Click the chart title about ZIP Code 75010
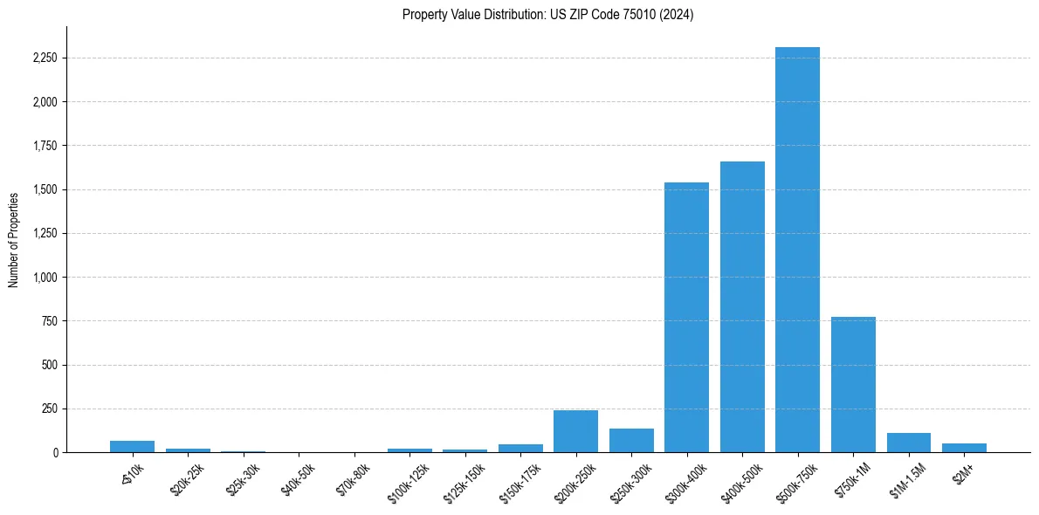point(547,15)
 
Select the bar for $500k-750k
point(797,250)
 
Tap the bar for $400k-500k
point(742,306)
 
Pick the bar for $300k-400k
point(686,317)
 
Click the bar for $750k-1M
point(853,384)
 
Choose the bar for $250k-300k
point(631,441)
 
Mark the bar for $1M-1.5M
point(908,443)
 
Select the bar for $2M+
point(964,448)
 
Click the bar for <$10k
point(132,447)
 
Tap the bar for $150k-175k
point(520,449)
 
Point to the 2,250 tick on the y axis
point(44,58)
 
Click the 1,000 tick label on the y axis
point(44,278)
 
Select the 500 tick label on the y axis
point(49,365)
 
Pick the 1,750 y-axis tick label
point(44,146)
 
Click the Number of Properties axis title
point(14,239)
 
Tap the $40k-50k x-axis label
point(298,480)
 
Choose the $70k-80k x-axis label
point(354,480)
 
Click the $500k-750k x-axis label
point(795,483)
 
